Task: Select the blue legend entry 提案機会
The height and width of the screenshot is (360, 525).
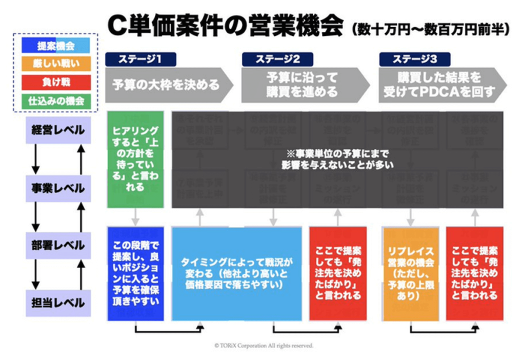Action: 56,46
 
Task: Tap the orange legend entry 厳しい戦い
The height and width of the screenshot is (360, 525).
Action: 56,64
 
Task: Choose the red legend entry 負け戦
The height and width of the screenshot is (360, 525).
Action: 56,82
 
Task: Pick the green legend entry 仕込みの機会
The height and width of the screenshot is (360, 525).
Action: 56,101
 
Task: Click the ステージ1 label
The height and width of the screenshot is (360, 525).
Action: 140,59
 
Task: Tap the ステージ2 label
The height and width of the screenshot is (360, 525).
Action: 277,59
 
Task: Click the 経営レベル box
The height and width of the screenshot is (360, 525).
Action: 56,131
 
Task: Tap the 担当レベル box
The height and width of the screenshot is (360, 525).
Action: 56,303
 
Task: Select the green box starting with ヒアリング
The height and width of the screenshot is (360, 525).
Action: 135,159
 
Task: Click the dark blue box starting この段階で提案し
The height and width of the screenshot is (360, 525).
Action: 135,274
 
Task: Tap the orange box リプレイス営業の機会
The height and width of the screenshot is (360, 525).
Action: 411,274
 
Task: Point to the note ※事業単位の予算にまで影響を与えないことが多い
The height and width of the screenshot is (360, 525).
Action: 337,159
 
